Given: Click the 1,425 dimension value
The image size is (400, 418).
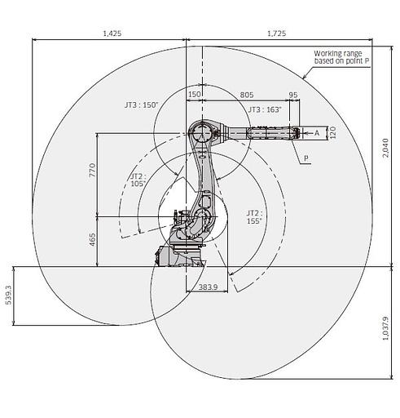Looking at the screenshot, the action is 112,33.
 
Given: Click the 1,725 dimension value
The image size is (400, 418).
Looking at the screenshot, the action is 276,33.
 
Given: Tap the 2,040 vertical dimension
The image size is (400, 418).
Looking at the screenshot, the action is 385,148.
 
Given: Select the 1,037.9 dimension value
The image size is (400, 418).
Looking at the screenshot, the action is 385,328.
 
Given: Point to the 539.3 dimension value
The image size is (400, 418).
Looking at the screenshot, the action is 9,295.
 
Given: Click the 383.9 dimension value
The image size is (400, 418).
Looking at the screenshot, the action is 208,287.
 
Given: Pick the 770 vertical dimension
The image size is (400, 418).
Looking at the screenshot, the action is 92,170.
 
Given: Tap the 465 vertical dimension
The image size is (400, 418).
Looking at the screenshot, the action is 92,240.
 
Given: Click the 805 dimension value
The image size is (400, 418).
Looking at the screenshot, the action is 247,95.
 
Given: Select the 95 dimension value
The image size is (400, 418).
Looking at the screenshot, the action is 293,95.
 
